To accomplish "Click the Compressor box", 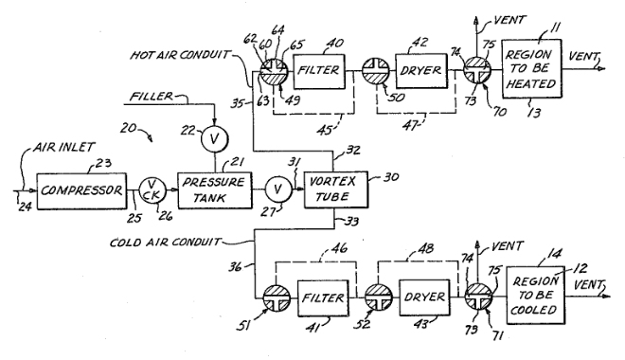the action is click(81, 191).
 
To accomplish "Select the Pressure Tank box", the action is click(215, 190).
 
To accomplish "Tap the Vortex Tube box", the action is click(336, 189).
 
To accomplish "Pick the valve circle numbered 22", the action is click(214, 139).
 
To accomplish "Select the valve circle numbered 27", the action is click(278, 189).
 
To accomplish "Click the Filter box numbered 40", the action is click(319, 71).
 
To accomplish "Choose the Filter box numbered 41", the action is click(323, 298).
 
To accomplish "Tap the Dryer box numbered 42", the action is click(421, 70).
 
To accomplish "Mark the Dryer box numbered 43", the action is click(424, 297).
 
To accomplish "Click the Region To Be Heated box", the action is click(532, 68).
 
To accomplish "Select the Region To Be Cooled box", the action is click(535, 296).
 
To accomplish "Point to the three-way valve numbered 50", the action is click(376, 71).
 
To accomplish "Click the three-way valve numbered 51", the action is click(277, 298).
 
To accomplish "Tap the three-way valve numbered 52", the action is click(379, 297).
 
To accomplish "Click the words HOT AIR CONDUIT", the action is click(180, 55).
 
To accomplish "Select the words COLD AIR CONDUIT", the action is click(165, 243).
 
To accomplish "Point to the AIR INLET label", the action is click(63, 148).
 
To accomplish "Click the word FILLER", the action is click(152, 97).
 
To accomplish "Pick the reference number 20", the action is click(129, 129).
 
